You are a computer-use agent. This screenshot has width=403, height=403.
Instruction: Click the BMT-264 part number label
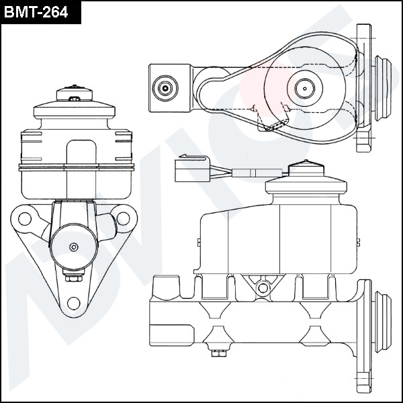click(36, 12)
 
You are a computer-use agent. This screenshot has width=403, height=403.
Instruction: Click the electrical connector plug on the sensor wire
click(192, 169)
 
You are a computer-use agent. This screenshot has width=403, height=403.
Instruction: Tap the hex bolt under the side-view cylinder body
click(219, 352)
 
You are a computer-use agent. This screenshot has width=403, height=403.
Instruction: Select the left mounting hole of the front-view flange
click(25, 219)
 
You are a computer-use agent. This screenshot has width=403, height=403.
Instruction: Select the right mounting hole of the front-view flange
click(123, 218)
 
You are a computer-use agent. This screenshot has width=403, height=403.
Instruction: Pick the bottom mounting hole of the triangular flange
click(73, 304)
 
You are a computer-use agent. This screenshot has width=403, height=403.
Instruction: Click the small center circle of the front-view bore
click(74, 247)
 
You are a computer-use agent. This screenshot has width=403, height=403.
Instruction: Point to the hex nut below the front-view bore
click(74, 278)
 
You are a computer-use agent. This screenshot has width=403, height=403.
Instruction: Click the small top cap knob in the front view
click(75, 93)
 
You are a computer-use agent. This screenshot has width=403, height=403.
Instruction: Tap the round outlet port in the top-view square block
click(165, 88)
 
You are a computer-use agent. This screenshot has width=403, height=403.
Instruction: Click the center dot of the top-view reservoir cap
click(305, 89)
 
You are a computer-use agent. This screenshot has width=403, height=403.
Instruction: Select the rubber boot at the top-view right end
click(382, 88)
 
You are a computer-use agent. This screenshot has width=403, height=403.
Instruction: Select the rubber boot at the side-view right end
click(383, 322)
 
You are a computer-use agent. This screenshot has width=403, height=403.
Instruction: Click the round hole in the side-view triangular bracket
click(263, 288)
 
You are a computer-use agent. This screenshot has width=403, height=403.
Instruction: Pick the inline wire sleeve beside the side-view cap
click(257, 173)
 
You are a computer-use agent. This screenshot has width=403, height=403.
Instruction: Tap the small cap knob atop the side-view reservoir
click(306, 169)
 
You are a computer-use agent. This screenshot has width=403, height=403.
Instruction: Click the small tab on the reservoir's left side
click(199, 242)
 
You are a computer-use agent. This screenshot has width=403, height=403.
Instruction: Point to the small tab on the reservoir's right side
click(358, 242)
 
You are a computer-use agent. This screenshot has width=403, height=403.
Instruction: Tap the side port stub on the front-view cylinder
click(106, 227)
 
